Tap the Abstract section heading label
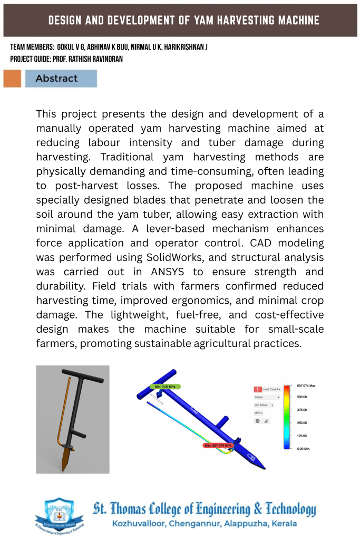tap(56, 79)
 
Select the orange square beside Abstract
tap(12, 79)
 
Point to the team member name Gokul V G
tap(79, 47)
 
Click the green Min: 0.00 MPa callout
tap(166, 387)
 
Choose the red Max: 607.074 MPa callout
tap(218, 445)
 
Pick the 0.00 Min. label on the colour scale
tap(305, 448)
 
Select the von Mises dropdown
tap(264, 405)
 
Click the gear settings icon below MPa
tap(258, 421)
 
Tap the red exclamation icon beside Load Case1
tap(258, 389)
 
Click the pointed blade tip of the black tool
tap(64, 468)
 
